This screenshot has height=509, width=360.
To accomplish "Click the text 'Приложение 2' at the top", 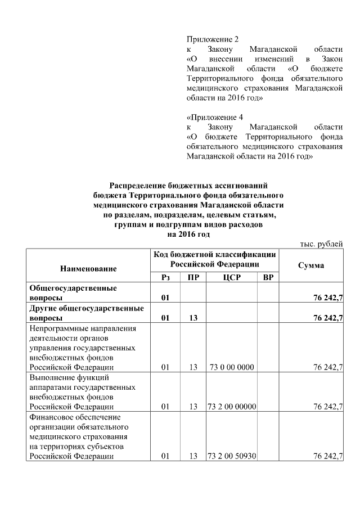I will pos(212,39).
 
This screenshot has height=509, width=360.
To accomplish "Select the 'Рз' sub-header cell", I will pos(165,278).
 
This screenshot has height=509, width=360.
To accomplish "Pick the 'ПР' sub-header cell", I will pos(193,278).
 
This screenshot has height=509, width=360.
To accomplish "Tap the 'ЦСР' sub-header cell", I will pos(232,278).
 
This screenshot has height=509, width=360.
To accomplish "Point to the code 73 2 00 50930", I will pos(232,456).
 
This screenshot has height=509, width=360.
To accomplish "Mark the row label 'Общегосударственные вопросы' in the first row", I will pos(73,293).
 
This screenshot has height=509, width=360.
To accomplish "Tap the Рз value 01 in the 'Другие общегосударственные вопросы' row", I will pos(165,318).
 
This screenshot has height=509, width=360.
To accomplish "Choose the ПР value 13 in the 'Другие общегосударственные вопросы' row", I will pos(193,318).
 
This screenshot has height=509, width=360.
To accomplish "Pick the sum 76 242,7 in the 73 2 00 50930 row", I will pos(328,456).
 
